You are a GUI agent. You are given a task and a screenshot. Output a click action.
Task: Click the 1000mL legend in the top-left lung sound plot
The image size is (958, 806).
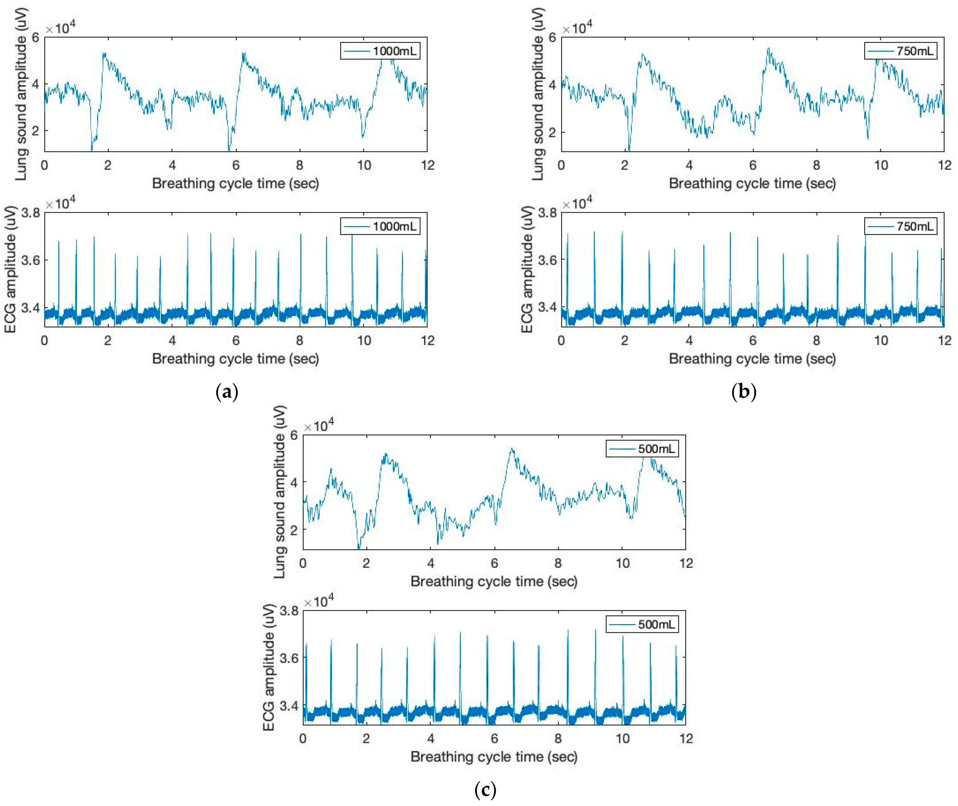pyautogui.click(x=380, y=51)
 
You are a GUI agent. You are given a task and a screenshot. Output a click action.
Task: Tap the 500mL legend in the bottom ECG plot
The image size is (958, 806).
pyautogui.click(x=642, y=624)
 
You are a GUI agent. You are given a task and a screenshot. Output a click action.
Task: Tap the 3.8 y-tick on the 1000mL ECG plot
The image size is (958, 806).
pyautogui.click(x=31, y=213)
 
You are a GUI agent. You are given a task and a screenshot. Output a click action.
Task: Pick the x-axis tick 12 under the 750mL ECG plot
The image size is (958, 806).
pyautogui.click(x=944, y=340)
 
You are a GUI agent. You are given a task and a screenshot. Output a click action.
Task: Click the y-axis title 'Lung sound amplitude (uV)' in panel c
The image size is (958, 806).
pyautogui.click(x=280, y=492)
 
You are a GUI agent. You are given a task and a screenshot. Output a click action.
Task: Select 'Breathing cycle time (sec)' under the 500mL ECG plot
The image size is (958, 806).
pyautogui.click(x=494, y=757)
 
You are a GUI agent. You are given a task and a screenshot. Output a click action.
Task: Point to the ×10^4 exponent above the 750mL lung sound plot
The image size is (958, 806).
pyautogui.click(x=577, y=28)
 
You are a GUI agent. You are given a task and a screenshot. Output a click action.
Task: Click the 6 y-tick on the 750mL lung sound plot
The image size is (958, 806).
pyautogui.click(x=552, y=37)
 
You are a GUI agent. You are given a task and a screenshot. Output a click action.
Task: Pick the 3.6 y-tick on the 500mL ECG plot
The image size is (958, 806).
pyautogui.click(x=289, y=658)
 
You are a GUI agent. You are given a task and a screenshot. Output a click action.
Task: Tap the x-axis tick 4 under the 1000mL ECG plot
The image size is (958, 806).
pyautogui.click(x=172, y=340)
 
